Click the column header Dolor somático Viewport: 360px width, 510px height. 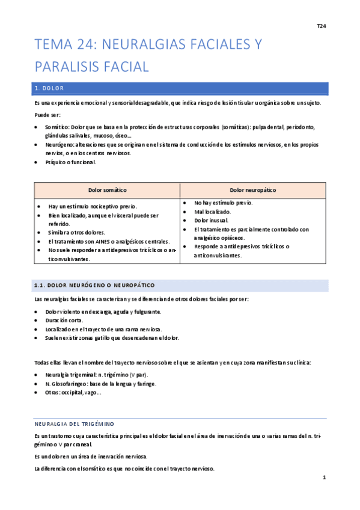click(108, 190)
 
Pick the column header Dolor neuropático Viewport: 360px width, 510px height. click(253, 190)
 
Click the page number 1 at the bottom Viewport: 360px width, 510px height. click(323, 478)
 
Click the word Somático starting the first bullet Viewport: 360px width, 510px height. click(57, 127)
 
